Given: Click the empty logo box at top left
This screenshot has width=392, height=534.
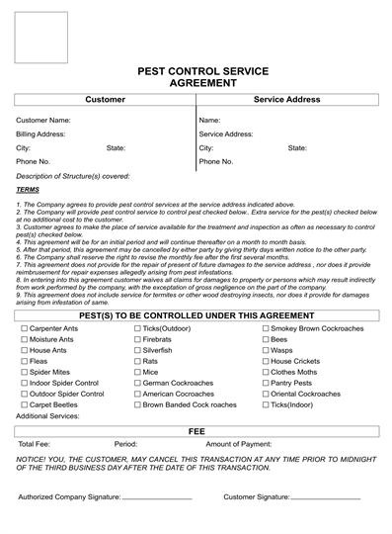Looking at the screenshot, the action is coord(41,37).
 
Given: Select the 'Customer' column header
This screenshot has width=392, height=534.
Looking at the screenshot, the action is coord(105,100).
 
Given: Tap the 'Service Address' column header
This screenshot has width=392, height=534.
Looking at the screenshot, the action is coord(286,100).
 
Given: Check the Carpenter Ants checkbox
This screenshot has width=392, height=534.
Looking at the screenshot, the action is coord(24,327).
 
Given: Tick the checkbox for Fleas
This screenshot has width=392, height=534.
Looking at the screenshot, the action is coord(24,361).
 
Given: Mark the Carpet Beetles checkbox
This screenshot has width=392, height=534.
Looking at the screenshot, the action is coord(24,405).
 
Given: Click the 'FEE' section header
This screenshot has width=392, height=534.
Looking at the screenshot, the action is coord(196,431).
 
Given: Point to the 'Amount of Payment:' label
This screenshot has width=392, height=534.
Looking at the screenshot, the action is coord(238,445).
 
